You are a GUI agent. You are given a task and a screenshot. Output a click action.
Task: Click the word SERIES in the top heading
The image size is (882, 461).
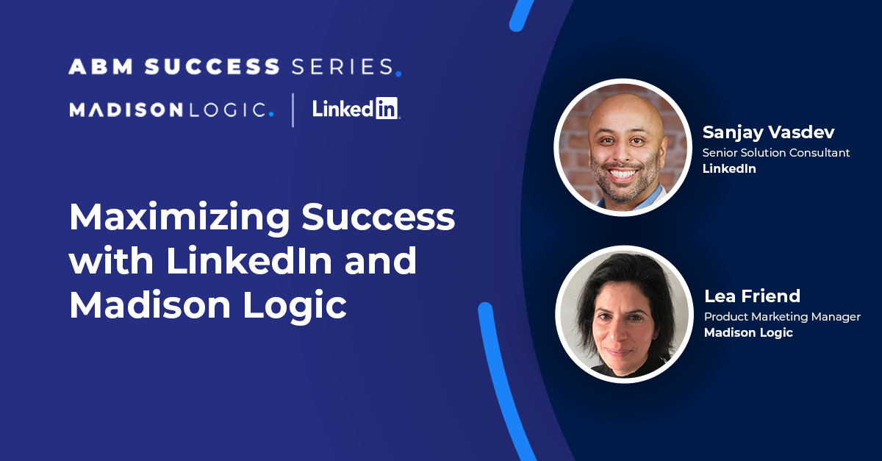pos(343,66)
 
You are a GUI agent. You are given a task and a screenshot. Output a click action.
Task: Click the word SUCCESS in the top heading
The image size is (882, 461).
pos(212,66)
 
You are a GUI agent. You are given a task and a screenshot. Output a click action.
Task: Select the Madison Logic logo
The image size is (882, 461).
pos(171,110)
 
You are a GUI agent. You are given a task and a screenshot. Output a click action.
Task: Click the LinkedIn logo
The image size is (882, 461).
pos(356,108)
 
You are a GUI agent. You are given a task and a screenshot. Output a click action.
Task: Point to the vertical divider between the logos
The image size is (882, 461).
pos(293,110)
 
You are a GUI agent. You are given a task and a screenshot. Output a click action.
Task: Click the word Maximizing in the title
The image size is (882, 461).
pos(179,218)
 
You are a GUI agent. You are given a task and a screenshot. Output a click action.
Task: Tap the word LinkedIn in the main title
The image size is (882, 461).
pos(249,260)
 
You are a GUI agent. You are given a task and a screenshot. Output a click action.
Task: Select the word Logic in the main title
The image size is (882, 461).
pos(295,305)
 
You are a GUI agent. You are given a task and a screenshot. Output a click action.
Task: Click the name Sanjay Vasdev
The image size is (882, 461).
pos(768,132)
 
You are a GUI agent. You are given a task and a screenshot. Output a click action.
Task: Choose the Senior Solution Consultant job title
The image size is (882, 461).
pos(775,152)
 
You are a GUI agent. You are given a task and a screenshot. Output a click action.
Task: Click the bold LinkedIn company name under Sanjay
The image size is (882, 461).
pos(729,168)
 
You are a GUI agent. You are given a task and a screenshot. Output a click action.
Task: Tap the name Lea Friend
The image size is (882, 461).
pos(752,296)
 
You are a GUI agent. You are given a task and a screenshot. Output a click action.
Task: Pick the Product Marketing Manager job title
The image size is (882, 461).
pos(782,317)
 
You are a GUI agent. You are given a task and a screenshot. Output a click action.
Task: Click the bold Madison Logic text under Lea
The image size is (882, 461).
pos(748,332)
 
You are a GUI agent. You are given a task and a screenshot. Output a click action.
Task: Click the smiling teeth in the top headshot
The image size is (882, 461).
pos(623,174)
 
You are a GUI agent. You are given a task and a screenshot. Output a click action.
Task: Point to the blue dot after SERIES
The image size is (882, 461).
pos(398,74)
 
